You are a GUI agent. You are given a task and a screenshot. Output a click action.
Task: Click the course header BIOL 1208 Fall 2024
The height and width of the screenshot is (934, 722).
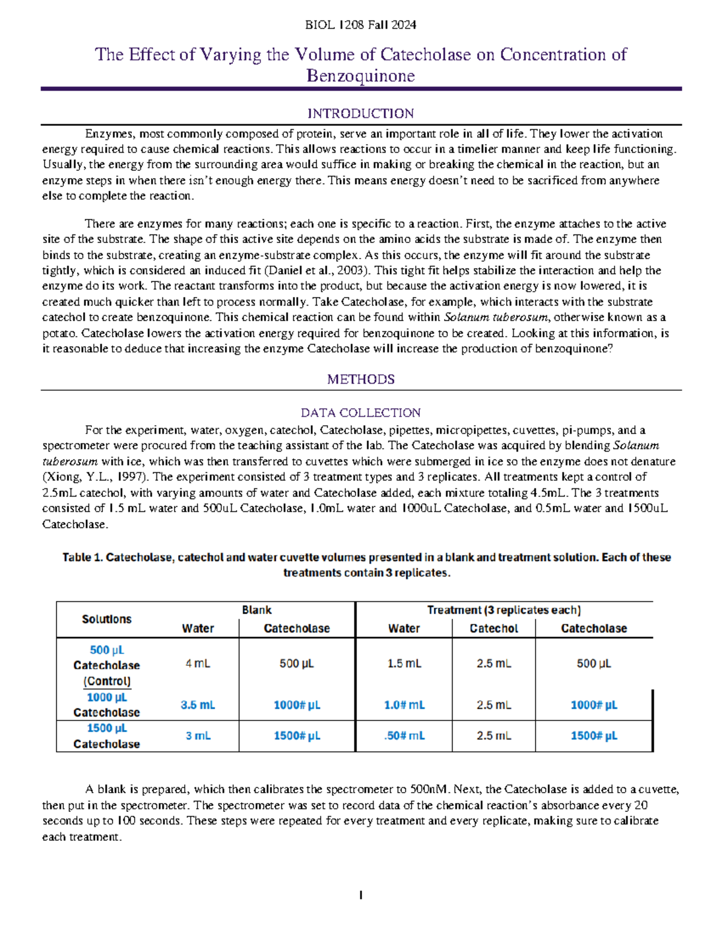click(360, 25)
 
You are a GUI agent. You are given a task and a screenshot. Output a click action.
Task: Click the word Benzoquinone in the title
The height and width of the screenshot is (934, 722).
click(360, 76)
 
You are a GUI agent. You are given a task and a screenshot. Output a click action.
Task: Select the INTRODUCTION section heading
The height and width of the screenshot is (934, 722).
click(360, 114)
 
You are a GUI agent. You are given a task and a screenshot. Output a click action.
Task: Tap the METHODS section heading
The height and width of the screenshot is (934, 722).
click(360, 379)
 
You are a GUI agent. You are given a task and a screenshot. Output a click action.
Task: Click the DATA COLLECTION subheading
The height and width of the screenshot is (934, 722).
click(360, 413)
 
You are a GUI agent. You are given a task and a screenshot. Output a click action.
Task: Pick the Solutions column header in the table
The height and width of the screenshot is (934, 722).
click(106, 619)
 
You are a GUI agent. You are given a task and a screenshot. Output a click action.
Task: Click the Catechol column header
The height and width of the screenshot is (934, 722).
click(493, 628)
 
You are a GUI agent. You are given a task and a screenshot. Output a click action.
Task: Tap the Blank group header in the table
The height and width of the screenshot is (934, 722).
click(256, 610)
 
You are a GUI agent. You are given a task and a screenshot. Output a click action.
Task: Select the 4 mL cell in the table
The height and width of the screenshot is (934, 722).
click(197, 663)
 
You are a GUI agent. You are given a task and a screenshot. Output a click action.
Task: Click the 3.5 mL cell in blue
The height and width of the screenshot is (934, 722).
click(197, 705)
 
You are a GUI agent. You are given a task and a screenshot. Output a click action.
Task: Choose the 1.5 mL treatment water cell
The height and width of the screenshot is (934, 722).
click(404, 663)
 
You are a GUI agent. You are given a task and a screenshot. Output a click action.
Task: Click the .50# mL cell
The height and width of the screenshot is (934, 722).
click(404, 736)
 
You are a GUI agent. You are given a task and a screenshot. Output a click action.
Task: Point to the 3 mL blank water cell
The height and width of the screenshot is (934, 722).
click(197, 736)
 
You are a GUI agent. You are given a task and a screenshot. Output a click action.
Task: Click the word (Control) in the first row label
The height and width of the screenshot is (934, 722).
click(106, 681)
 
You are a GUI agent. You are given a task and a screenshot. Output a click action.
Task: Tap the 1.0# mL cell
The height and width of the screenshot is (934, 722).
click(404, 705)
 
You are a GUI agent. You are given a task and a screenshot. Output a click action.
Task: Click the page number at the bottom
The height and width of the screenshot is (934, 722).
click(360, 896)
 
